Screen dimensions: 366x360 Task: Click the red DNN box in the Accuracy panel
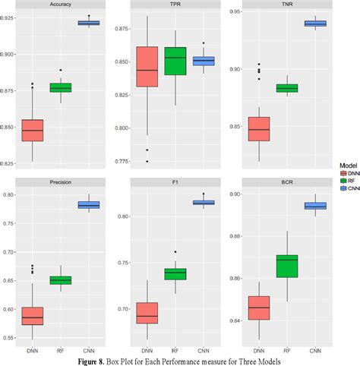[33, 130]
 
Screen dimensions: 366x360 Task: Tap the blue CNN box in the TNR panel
[321, 24]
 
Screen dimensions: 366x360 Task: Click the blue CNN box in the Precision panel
[89, 205]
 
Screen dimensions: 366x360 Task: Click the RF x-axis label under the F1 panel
[174, 351]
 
